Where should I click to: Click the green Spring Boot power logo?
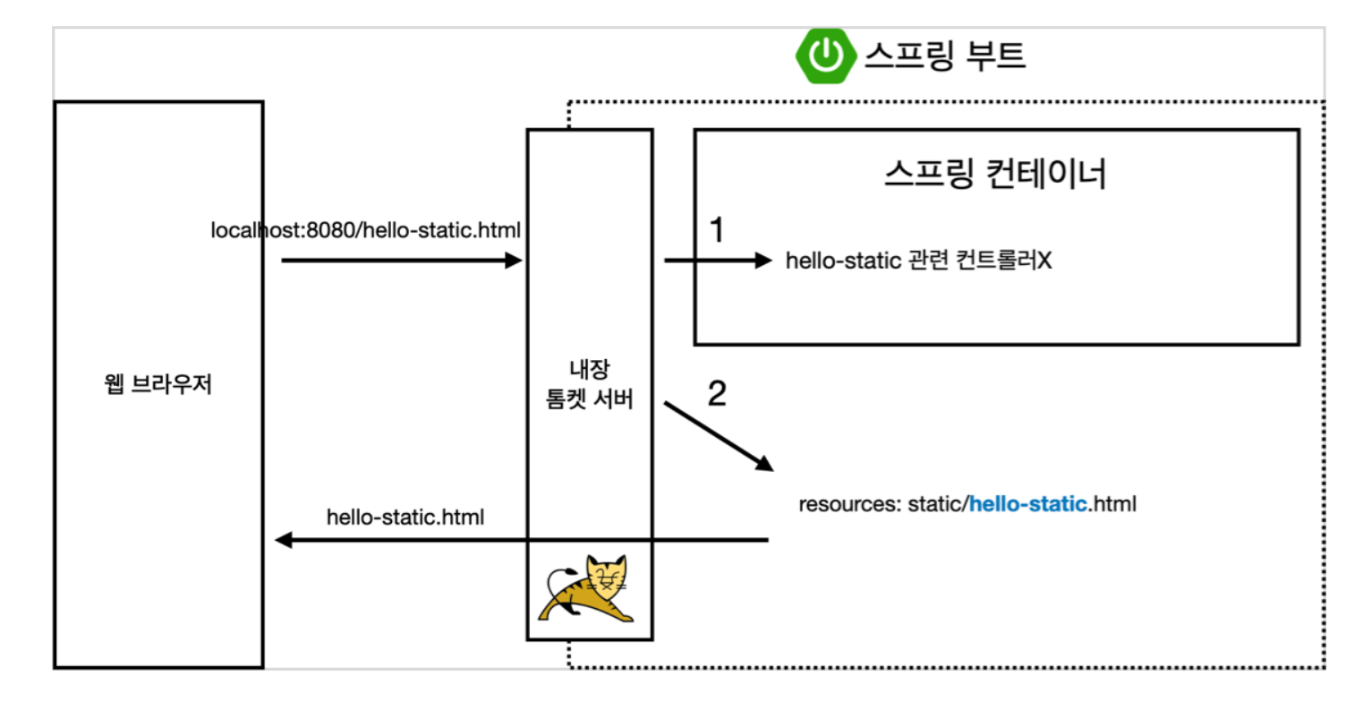pos(824,56)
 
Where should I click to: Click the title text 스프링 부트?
pos(944,56)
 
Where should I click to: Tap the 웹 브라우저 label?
pos(158,387)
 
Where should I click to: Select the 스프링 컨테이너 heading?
pos(995,175)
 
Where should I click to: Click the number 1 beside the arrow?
pos(715,230)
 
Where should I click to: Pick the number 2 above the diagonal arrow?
pos(716,394)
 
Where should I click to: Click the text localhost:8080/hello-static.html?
pos(365,231)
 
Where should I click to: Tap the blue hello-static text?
pos(1028,504)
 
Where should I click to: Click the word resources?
pos(848,504)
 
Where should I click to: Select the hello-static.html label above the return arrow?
pos(405,517)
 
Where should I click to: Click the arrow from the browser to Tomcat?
pos(401,261)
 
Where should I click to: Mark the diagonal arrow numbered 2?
pos(719,437)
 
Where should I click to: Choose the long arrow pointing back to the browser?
pos(522,540)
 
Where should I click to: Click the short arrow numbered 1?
pos(717,261)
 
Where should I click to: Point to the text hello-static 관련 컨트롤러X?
pos(918,261)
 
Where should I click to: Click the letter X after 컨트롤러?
pos(1044,261)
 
